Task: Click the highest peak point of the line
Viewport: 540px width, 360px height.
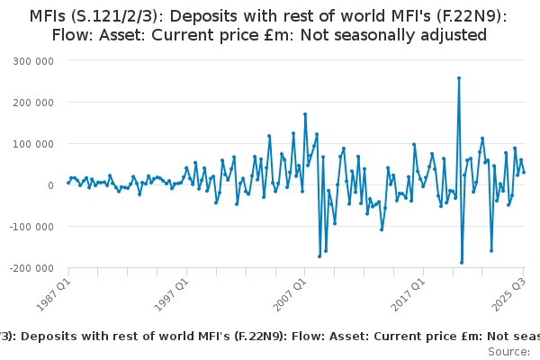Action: (x=459, y=78)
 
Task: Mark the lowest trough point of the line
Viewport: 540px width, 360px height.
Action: (x=462, y=263)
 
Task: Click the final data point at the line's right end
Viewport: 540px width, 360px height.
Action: (x=525, y=172)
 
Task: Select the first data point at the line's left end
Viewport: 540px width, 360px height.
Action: (x=67, y=183)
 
